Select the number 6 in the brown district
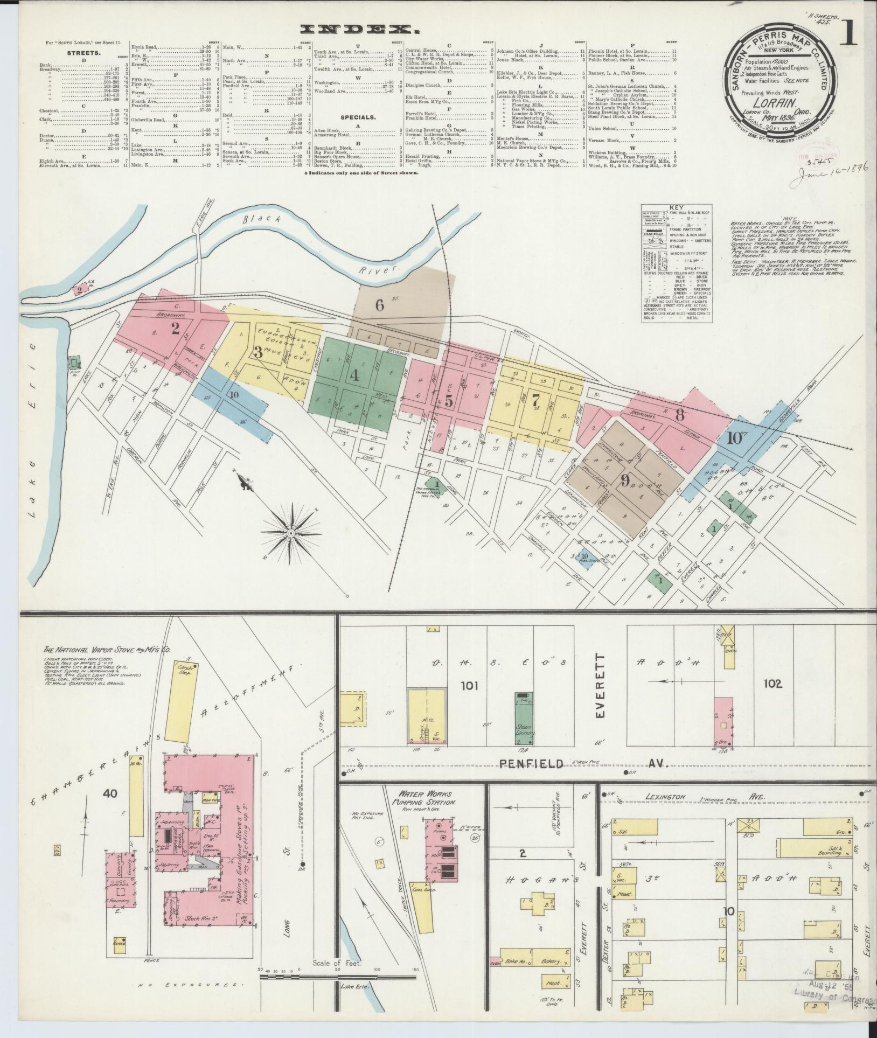pos(380,305)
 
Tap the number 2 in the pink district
pos(175,328)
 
